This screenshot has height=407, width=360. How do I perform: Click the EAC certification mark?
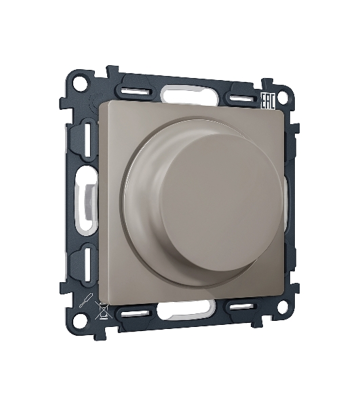(267, 100)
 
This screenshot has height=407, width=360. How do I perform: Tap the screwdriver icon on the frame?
(86, 300)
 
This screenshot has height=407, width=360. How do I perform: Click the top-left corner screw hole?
(79, 83)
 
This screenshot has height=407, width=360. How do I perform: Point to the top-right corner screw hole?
(282, 98)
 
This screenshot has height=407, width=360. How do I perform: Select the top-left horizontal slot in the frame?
(136, 92)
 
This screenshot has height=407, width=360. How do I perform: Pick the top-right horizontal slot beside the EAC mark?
(241, 98)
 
